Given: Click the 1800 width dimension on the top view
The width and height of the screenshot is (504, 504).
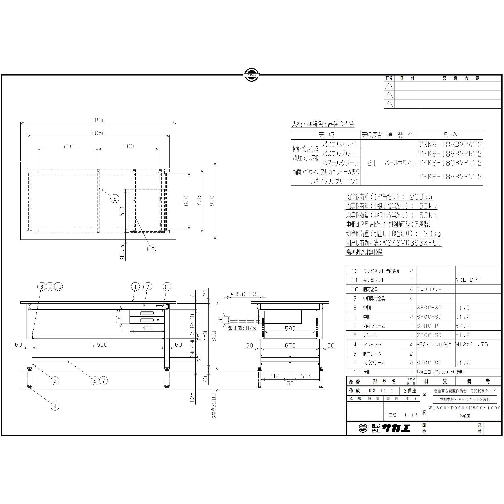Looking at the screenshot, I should (98, 120).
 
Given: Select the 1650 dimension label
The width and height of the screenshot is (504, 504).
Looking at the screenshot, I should (98, 133).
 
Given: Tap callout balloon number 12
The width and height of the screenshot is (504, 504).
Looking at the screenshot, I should (151, 249).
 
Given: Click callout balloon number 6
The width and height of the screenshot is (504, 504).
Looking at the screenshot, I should (115, 199).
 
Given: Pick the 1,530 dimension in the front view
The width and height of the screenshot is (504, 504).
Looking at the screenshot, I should (98, 345).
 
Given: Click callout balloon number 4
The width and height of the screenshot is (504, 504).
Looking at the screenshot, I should (55, 406).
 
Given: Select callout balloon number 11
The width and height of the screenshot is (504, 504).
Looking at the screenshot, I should (167, 287).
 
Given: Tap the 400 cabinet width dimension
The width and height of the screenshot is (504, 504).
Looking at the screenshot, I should (147, 328).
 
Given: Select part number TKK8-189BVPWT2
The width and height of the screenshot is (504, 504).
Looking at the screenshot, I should (450, 144).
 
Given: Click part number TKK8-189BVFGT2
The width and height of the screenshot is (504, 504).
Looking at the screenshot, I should (450, 177).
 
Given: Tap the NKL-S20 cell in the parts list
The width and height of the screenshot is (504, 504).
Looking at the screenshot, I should (468, 280).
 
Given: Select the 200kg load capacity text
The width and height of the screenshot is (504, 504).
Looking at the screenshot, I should (421, 197).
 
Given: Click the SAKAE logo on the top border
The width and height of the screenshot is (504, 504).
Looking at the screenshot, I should (252, 75).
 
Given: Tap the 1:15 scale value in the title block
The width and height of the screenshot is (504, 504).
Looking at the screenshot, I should (411, 415).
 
